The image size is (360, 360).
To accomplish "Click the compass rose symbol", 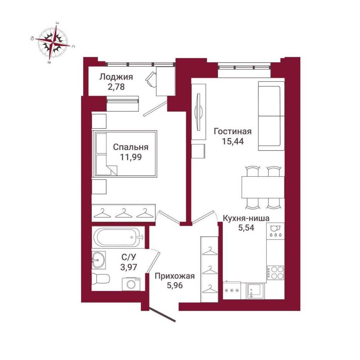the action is pos(53,43).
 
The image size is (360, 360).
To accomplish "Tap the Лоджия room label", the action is pos(116,77).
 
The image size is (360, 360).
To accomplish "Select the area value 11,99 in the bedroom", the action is pos(131,157).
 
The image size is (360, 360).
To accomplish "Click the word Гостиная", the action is pos(233,131).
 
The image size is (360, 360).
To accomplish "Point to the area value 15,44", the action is pos(233,141).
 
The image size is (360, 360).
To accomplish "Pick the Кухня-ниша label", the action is pos(246,218).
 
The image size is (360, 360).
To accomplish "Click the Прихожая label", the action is pos(175,276).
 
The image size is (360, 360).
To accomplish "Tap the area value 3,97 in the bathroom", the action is pos(129,267).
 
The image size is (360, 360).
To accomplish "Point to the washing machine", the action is pos(131,284).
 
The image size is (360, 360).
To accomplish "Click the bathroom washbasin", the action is pos(99,260).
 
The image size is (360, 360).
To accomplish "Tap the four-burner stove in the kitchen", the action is pos(275,273).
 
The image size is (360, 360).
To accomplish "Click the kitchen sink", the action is pos(255,291).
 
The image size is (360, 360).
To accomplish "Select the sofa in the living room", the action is pos(271,116).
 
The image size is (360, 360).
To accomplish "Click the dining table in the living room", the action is pos(263,187).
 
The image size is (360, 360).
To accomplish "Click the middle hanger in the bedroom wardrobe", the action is pos(123,213).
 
